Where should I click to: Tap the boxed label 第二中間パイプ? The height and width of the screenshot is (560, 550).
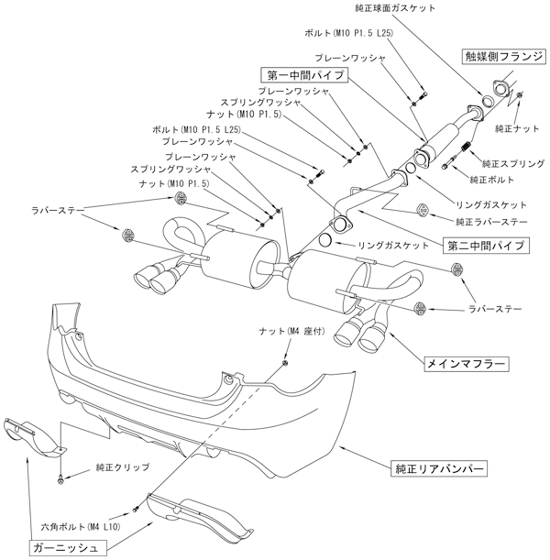tap(485, 246)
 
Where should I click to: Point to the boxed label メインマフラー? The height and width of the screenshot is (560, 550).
tap(466, 364)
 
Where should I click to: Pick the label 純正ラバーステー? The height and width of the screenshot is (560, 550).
tap(491, 222)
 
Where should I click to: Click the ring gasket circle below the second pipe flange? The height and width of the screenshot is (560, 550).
tap(326, 242)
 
